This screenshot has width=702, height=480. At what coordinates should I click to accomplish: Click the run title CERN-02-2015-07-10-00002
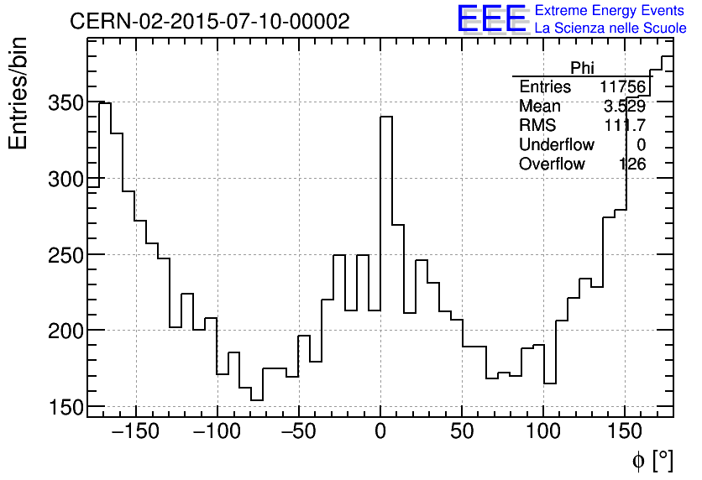[x=210, y=22]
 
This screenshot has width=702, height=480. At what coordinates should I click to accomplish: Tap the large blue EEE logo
[x=491, y=19]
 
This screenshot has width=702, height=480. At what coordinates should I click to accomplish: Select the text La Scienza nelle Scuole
[x=610, y=28]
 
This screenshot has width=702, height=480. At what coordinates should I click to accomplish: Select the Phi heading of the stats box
[x=582, y=68]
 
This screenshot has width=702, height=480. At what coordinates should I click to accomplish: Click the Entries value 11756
[x=622, y=87]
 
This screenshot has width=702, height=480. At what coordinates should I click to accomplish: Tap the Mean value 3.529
[x=625, y=107]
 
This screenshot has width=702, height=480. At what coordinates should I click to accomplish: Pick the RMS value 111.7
[x=626, y=125]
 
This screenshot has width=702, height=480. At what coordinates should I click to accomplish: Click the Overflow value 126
[x=632, y=164]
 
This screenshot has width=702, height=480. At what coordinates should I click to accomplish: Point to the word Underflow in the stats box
[x=556, y=144]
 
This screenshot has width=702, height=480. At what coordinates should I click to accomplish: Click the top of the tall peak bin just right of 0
[x=386, y=117]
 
